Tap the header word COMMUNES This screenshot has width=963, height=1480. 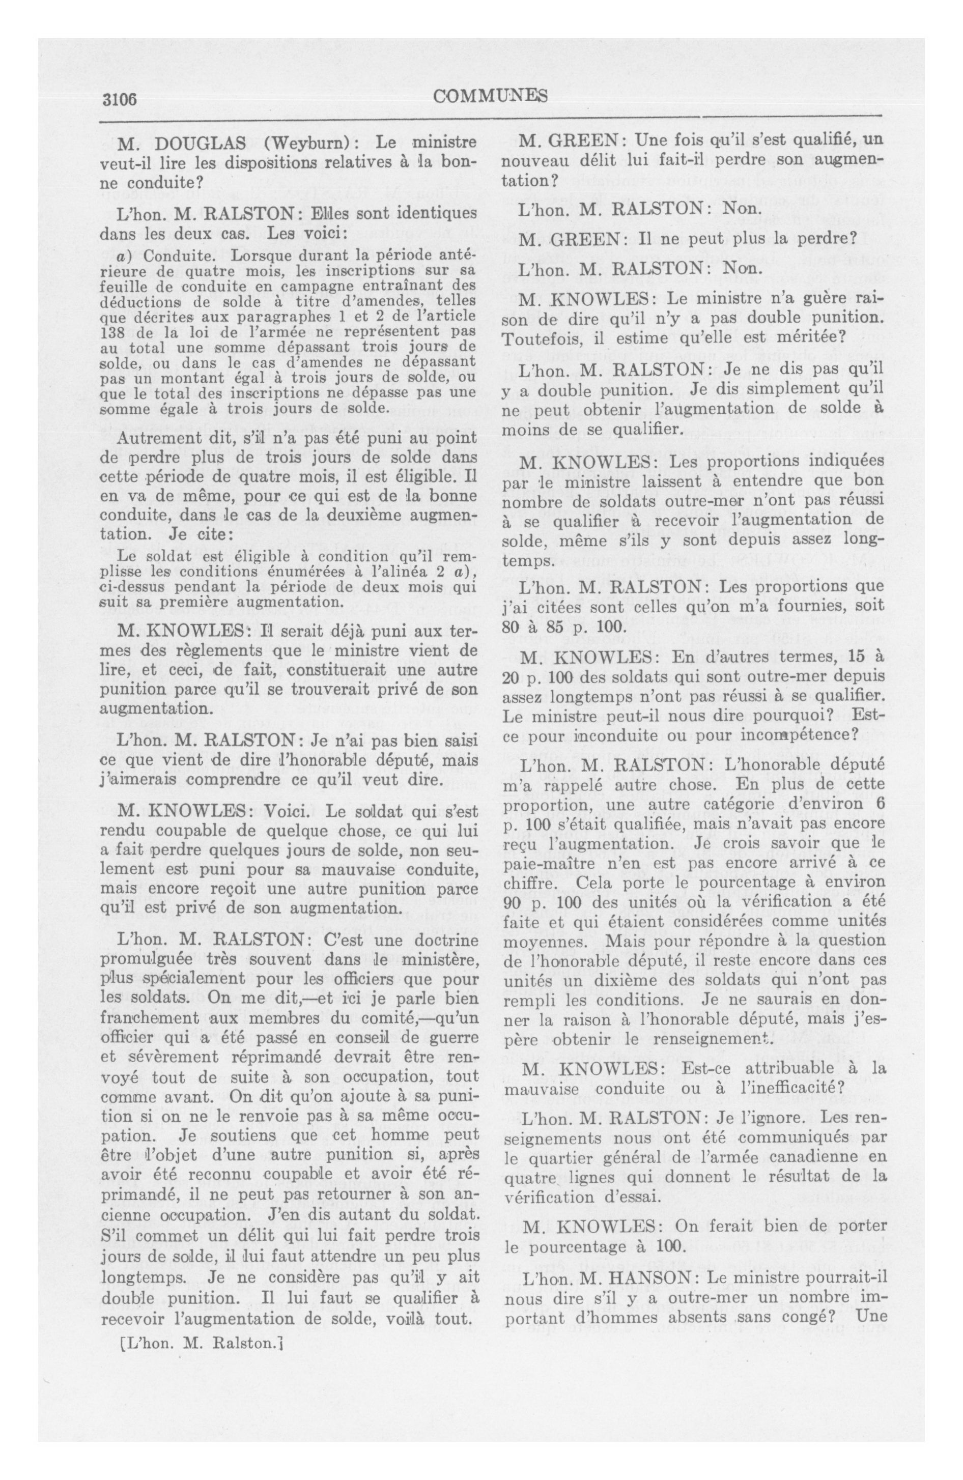tap(490, 96)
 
